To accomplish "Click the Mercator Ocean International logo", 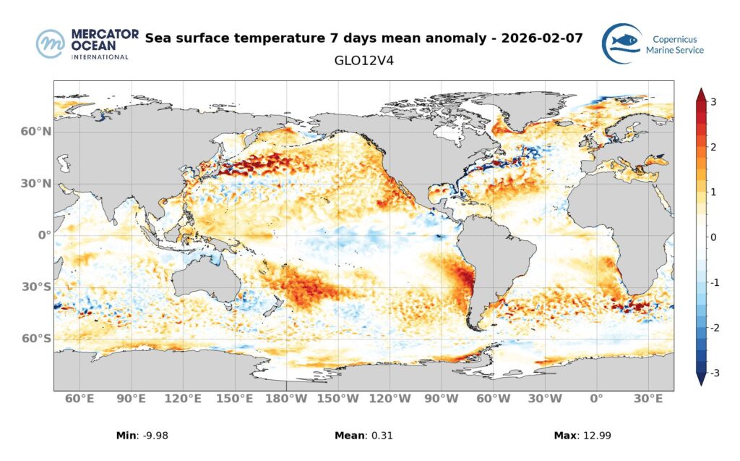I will click(82, 43).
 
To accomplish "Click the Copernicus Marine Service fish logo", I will click(623, 43).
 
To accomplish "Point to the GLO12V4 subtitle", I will click(363, 62).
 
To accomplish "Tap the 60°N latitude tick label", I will click(35, 132).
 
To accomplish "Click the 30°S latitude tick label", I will click(35, 287).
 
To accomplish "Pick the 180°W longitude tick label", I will click(287, 399).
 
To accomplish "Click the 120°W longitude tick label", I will click(391, 399).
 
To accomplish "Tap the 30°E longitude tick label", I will click(648, 399).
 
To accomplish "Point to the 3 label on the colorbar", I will click(713, 102).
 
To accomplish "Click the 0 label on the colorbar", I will click(713, 237).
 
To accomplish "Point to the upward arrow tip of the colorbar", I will click(700, 90).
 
